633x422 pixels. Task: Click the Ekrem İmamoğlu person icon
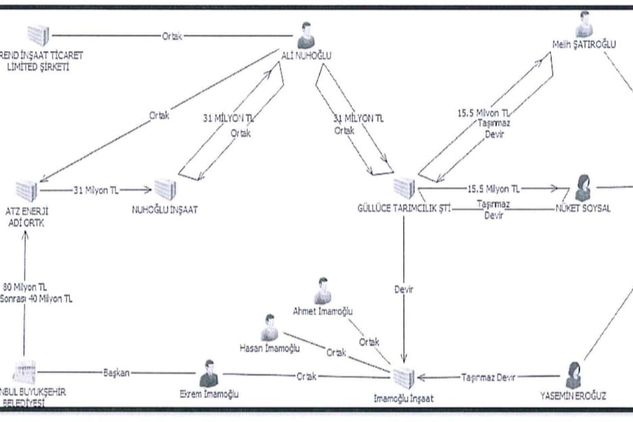pos(209,372)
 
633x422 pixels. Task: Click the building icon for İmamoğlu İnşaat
pos(403,378)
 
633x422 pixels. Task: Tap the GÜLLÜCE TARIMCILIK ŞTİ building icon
pos(403,188)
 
